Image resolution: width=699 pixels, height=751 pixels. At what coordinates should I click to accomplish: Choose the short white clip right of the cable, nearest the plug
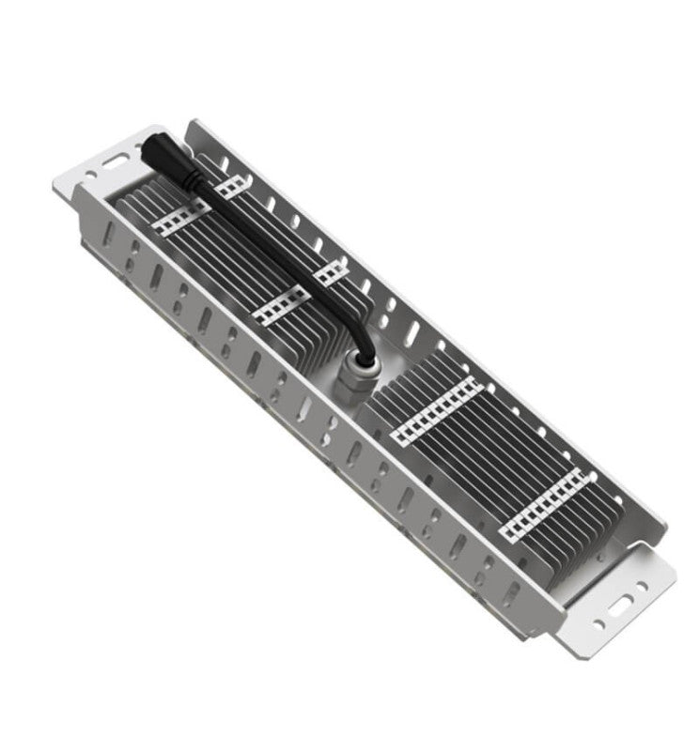click(229, 185)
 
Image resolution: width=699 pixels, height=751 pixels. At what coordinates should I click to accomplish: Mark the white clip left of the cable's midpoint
click(280, 306)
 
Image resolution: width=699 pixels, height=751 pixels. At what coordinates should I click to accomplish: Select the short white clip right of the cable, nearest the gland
click(331, 273)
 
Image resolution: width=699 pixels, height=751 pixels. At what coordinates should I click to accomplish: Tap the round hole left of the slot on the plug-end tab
click(90, 175)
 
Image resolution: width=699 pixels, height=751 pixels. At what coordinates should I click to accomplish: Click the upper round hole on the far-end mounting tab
click(642, 589)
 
